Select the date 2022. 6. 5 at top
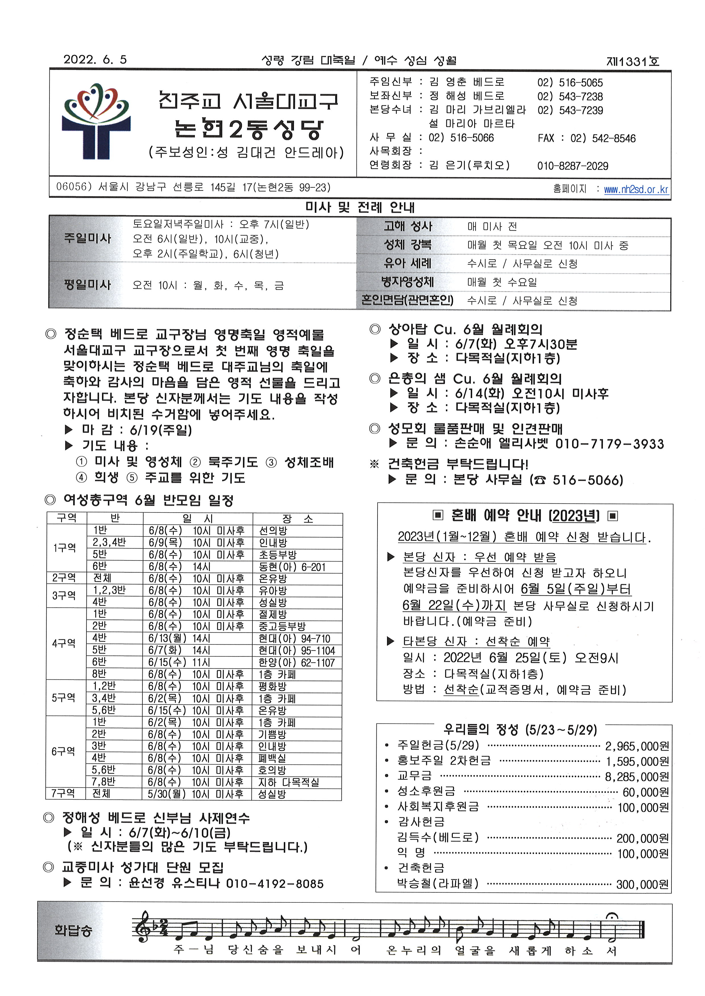coord(95,59)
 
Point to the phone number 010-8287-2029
coord(573,166)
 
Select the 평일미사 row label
coord(87,285)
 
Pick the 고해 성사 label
coord(408,226)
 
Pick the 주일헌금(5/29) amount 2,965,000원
coord(637,746)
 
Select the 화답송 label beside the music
coord(73,930)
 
